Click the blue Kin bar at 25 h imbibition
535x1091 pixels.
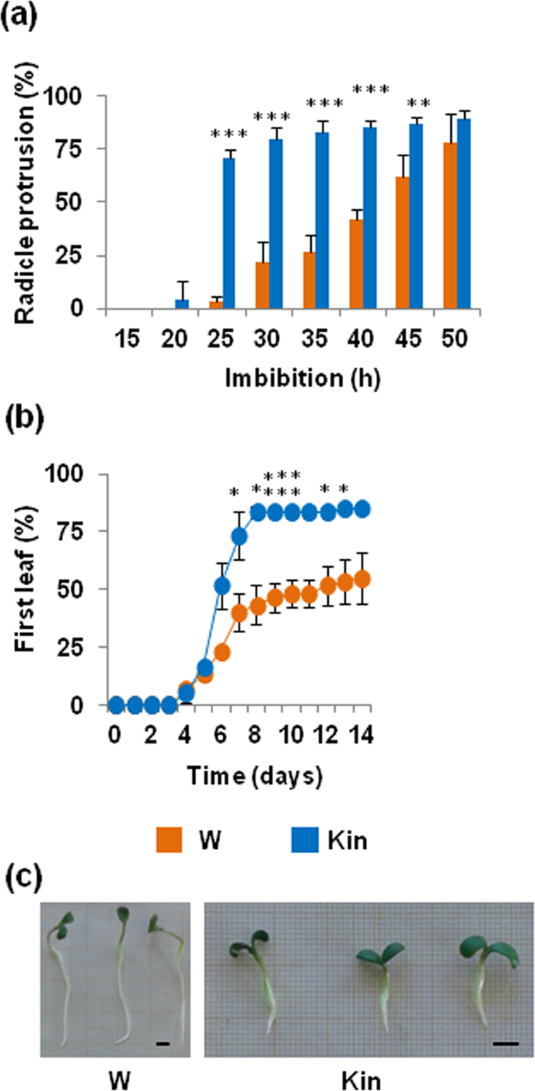pos(229,233)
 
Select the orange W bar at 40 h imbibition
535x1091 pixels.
pos(356,264)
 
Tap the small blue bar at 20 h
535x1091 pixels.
pos(182,304)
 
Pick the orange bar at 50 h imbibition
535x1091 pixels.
pos(450,226)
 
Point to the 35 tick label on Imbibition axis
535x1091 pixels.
pos(314,339)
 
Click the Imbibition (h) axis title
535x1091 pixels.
pos(302,378)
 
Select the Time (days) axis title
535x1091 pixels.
pos(255,776)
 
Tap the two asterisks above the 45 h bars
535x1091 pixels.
pos(419,103)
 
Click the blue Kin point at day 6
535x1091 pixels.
pos(222,587)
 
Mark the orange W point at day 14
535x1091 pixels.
pos(362,579)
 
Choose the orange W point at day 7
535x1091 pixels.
pos(239,614)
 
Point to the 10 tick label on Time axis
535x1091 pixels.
pos(292,734)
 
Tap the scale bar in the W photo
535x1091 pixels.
pos(163,1043)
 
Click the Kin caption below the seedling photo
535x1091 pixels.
pos(361,1080)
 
